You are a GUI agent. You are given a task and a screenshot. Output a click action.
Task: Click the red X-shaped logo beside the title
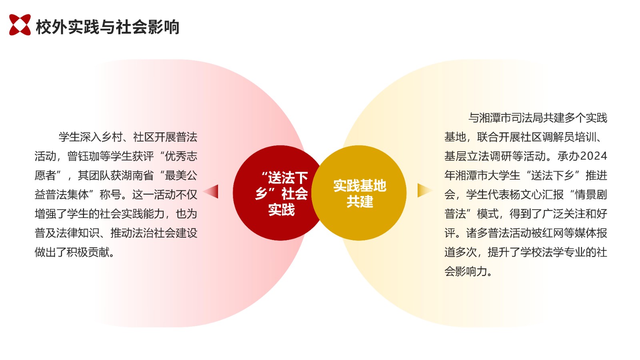(20, 25)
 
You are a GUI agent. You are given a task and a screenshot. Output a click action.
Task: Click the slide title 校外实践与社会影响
(108, 27)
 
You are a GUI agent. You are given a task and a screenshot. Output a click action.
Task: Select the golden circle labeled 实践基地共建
(359, 193)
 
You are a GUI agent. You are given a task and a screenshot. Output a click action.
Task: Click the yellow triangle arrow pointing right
(425, 190)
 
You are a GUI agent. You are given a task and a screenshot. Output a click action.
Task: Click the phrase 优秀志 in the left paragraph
(181, 156)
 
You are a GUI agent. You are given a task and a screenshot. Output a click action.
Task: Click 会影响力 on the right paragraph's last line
(466, 271)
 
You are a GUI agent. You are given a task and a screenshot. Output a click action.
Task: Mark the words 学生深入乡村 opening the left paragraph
(91, 137)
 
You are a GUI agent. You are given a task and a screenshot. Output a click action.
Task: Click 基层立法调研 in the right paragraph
(477, 156)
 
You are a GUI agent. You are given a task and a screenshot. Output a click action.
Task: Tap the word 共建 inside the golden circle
(360, 202)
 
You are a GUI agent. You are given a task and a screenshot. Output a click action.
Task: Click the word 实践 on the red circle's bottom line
(282, 210)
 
